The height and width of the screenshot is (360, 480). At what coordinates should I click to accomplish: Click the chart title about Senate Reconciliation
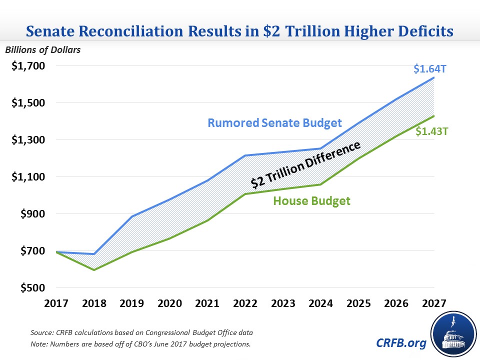(239, 31)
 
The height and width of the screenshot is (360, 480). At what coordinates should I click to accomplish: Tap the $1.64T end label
(429, 68)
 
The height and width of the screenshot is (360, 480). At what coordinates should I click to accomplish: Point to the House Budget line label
(311, 201)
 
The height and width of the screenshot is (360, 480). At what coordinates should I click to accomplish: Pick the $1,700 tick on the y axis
(28, 66)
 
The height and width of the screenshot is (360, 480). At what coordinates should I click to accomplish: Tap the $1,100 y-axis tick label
(28, 177)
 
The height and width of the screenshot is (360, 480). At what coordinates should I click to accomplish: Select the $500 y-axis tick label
(31, 288)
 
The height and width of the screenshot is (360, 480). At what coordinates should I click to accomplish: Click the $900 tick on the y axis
(31, 214)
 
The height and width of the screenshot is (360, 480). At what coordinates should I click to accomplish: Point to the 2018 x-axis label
(93, 303)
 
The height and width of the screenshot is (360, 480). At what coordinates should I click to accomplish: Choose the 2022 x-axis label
(245, 303)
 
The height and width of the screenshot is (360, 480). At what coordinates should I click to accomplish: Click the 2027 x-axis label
(434, 303)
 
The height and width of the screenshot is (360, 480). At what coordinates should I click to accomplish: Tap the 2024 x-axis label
(321, 303)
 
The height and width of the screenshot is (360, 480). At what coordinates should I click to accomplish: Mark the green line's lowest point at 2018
(93, 270)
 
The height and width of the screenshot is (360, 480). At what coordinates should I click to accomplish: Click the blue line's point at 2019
(131, 216)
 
